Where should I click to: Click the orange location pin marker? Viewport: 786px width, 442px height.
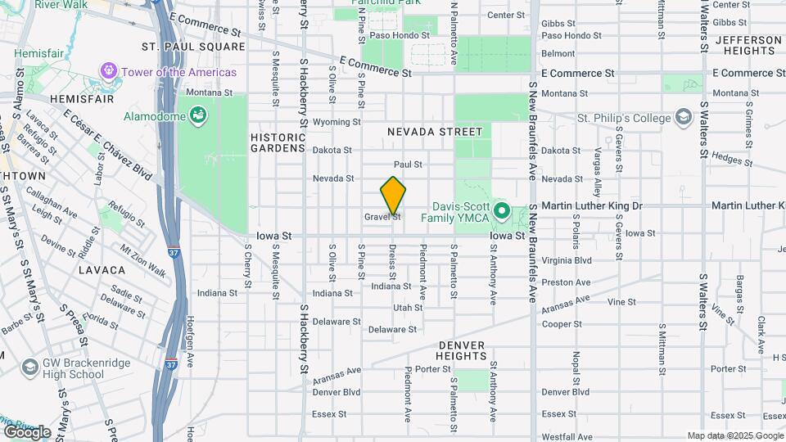393,195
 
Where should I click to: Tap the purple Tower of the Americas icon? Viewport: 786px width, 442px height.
108,72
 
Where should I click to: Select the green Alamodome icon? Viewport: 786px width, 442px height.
197,116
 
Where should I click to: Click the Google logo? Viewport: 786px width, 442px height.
26,431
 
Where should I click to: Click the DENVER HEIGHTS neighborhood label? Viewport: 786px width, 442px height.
462,350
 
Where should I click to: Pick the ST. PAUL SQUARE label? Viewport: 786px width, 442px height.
193,47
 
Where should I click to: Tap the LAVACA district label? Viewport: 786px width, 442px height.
102,269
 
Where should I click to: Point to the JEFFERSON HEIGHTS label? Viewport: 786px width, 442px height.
748,45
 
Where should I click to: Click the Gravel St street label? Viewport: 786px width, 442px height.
382,217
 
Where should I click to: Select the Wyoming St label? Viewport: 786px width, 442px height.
337,122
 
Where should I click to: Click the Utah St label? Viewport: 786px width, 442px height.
408,308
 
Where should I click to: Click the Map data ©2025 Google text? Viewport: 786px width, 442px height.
734,435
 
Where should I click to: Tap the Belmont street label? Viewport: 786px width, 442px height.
558,54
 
